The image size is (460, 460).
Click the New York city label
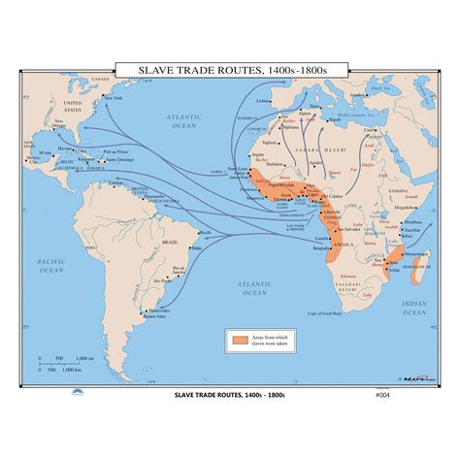point(114,99)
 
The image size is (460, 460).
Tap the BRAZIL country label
point(170,240)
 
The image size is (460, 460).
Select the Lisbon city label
point(262,100)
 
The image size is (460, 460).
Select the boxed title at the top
point(229,69)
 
